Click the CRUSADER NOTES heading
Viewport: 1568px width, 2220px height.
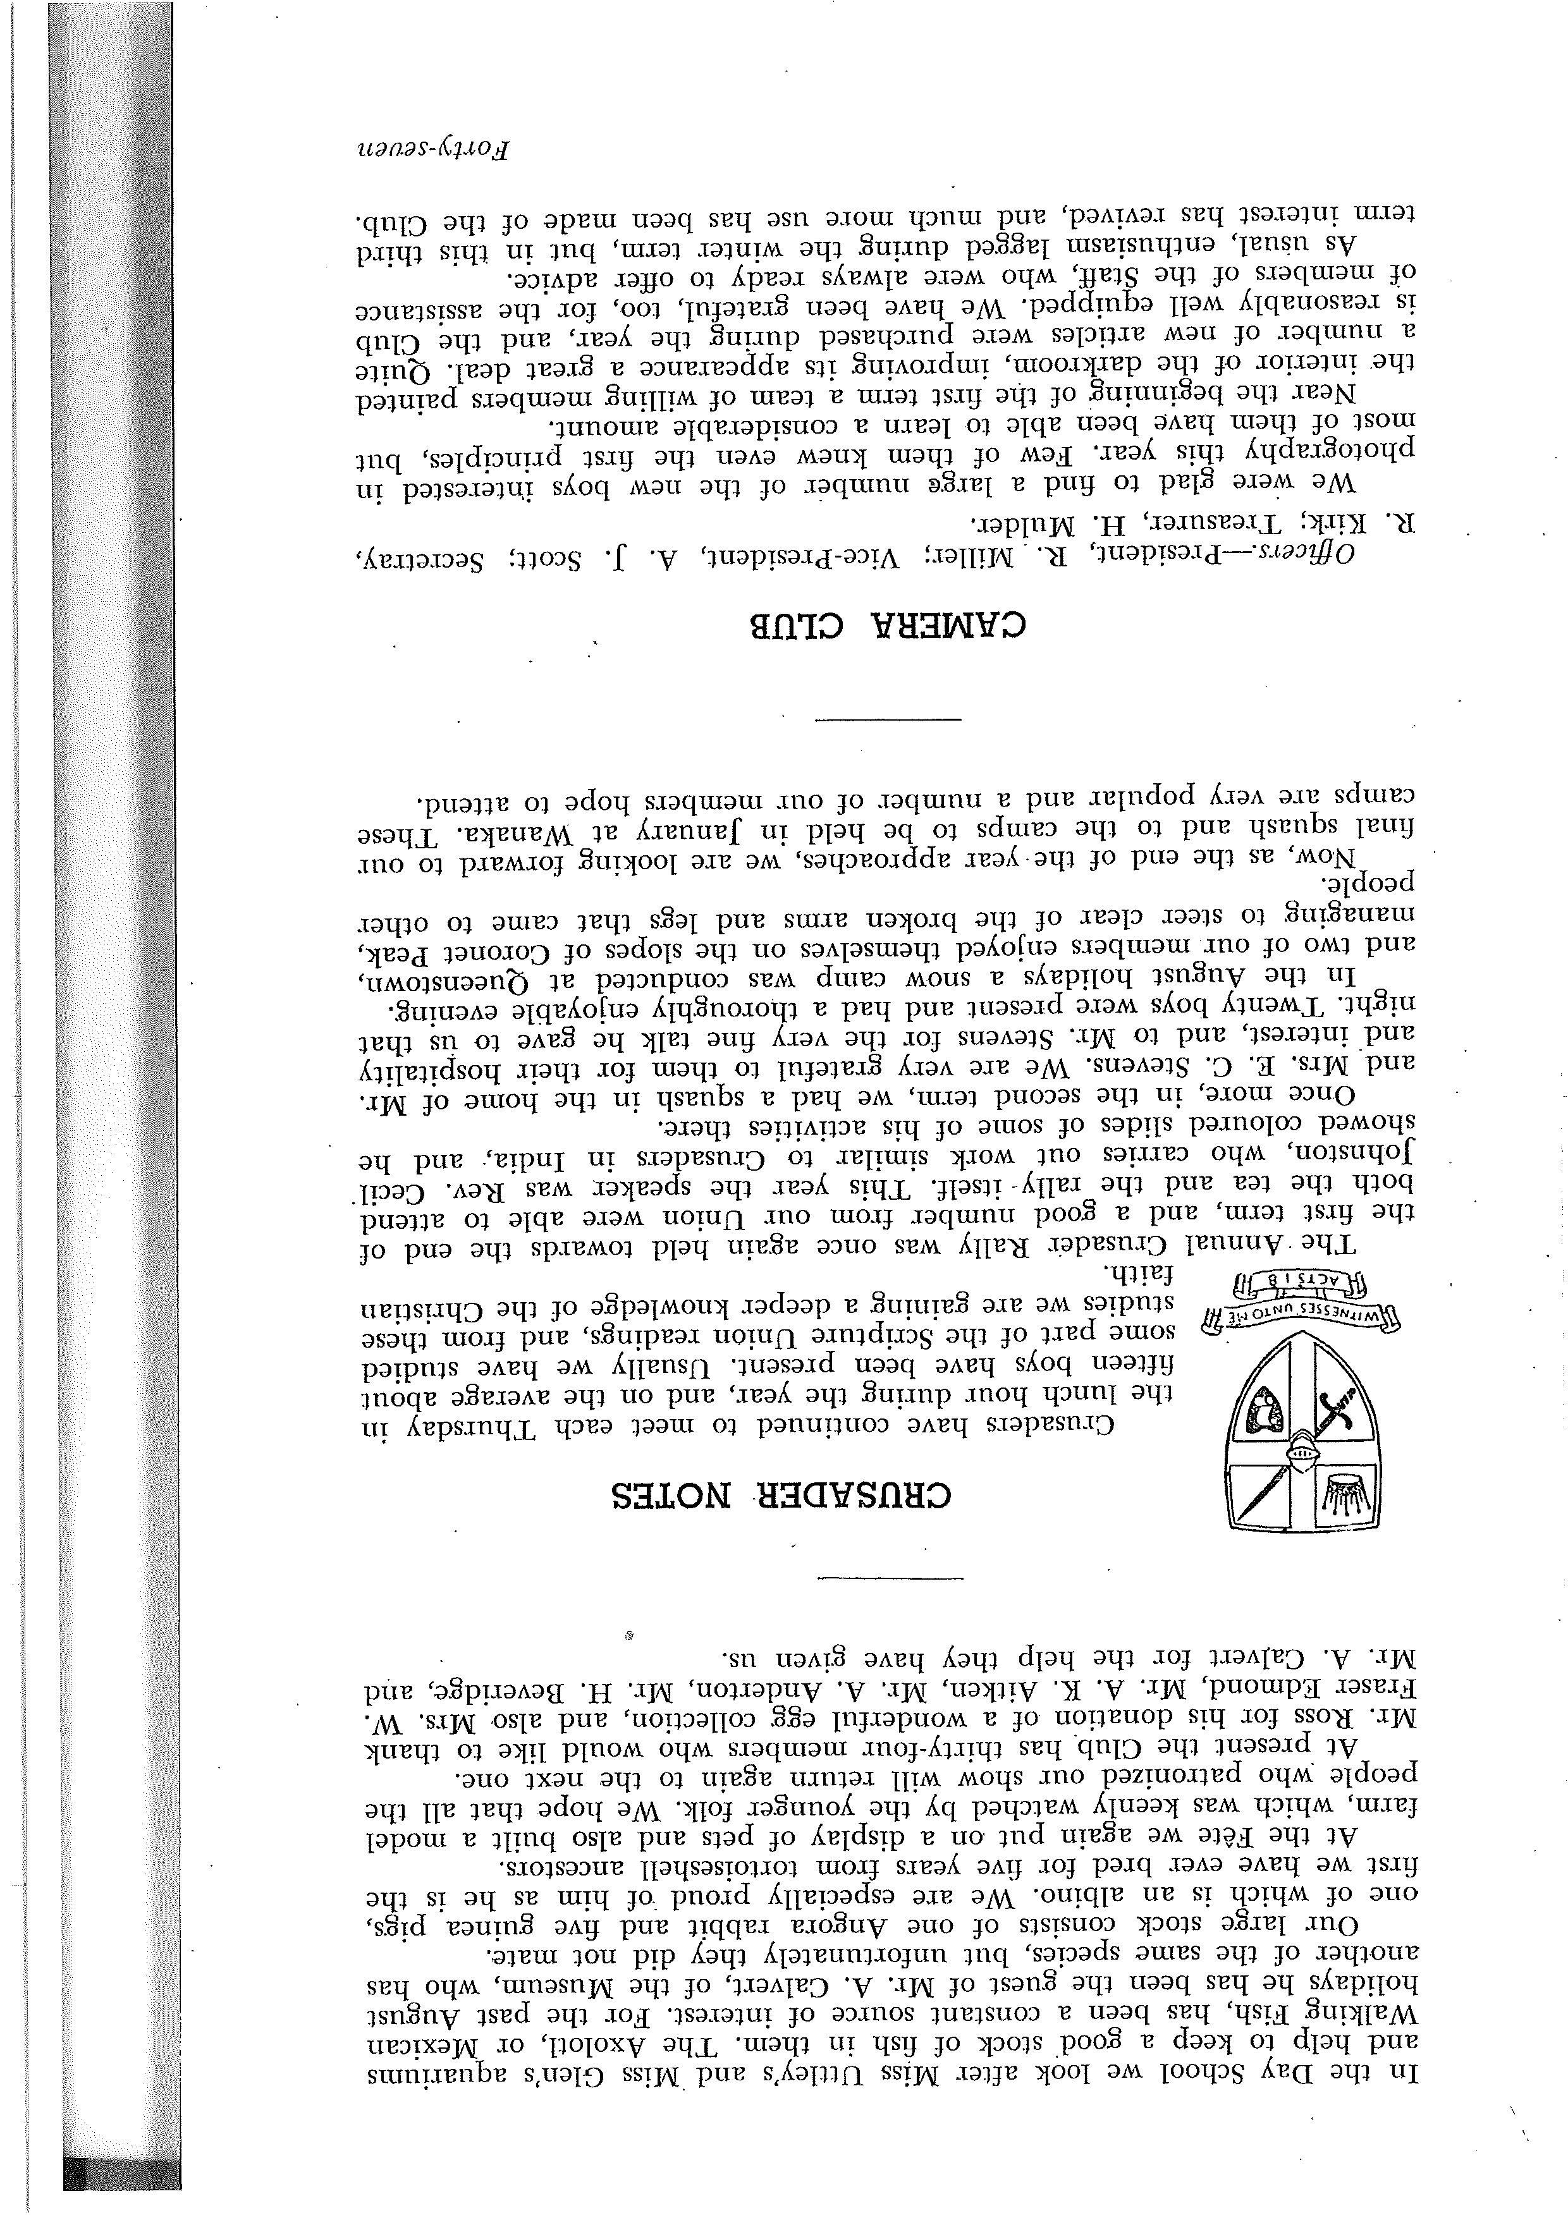coord(781,1495)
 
